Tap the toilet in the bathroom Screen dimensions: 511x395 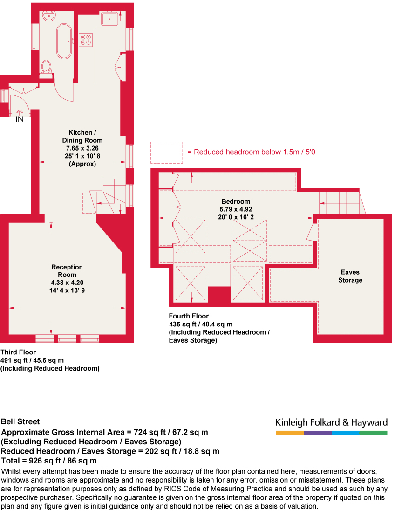tap(47, 68)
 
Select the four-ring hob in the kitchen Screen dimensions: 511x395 tap(86, 40)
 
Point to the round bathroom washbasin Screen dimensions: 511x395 tap(49, 15)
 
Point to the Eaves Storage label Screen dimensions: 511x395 tap(350, 276)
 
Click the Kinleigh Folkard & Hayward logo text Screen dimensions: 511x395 tap(331, 422)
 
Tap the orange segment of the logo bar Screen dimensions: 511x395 tap(289, 433)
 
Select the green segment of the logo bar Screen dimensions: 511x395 tap(373, 433)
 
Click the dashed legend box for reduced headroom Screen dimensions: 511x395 tap(166, 152)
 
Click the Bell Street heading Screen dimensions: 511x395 tap(20, 421)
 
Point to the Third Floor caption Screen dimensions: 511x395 tap(18, 352)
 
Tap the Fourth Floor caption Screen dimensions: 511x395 tap(189, 316)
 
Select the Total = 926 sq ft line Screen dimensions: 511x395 tap(49, 461)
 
